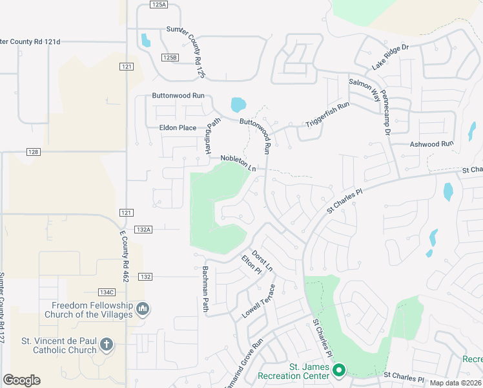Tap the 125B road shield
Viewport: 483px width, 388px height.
pyautogui.click(x=169, y=58)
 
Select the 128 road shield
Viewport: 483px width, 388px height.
pyautogui.click(x=34, y=152)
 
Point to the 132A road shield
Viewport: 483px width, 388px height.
pyautogui.click(x=143, y=229)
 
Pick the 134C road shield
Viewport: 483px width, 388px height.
pyautogui.click(x=106, y=292)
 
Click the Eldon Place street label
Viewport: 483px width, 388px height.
pyautogui.click(x=178, y=127)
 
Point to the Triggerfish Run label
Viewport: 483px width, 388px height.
pyautogui.click(x=327, y=114)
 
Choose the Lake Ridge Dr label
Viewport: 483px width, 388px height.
pyautogui.click(x=391, y=58)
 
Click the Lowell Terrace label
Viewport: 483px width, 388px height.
pyautogui.click(x=259, y=301)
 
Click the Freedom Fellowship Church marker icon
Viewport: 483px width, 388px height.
pyautogui.click(x=143, y=310)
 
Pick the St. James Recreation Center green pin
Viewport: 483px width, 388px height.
pyautogui.click(x=339, y=371)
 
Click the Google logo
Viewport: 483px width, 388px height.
pyautogui.click(x=21, y=380)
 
